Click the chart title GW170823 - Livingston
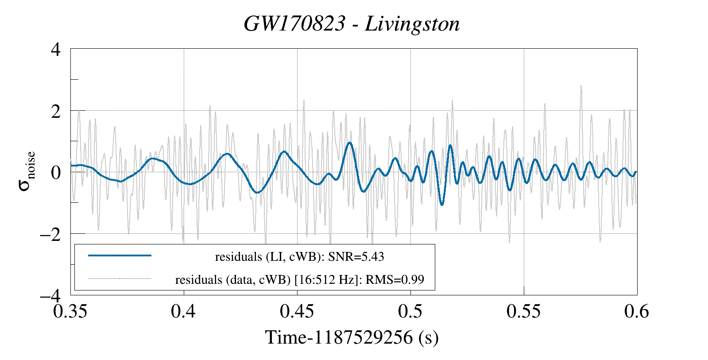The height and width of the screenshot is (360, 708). coord(352,24)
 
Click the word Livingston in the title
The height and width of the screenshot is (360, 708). coord(412,24)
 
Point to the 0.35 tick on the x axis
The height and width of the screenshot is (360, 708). coord(70,311)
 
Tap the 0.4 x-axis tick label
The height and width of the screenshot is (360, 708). coord(184,311)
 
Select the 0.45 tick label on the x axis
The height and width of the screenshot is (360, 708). coord(297,311)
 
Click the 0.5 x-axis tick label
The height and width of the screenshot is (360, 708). coord(410,311)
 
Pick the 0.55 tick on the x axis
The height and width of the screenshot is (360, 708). coord(524,311)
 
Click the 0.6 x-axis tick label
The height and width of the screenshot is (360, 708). coord(637,311)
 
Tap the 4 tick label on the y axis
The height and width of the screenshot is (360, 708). coord(56,49)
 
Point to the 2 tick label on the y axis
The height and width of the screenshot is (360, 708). coord(56,111)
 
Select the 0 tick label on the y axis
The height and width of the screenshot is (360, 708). coord(56,172)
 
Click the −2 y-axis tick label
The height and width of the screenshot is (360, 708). coord(50,234)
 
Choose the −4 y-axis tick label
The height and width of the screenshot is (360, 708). coord(50,295)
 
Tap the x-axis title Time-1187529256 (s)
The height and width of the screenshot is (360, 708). coord(352,337)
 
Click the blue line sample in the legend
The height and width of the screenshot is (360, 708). coord(120,255)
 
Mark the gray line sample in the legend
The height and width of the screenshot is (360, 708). coord(120,279)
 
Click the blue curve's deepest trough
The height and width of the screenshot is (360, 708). coord(441,204)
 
